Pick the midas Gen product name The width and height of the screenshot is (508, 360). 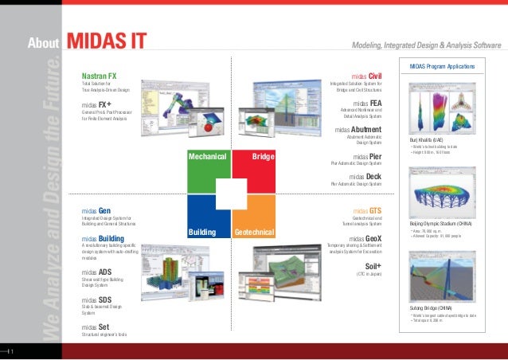96,210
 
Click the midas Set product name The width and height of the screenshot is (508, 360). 95,327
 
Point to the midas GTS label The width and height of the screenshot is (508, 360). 367,210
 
